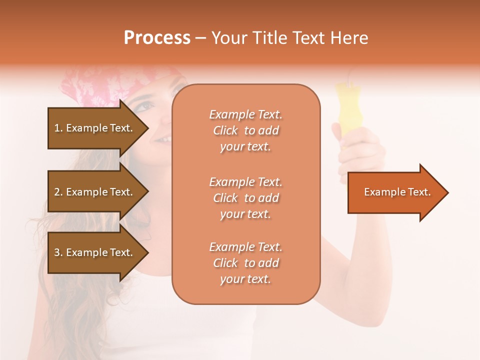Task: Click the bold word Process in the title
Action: (x=157, y=38)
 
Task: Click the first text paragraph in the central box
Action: (x=245, y=130)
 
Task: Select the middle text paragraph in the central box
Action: (x=245, y=198)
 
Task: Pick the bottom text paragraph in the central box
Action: (x=245, y=263)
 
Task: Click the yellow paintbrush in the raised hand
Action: (x=346, y=105)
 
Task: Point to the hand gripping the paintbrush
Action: (x=357, y=150)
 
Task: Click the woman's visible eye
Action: (x=145, y=106)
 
